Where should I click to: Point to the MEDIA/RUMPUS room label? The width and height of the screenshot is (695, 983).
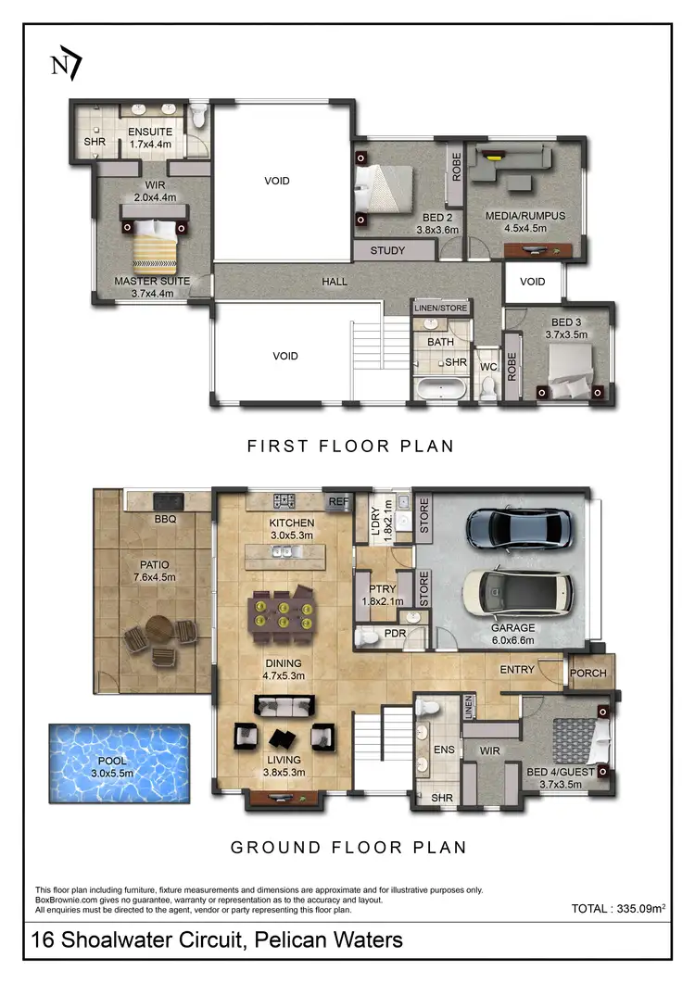point(524,217)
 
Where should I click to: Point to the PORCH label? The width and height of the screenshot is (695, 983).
point(588,674)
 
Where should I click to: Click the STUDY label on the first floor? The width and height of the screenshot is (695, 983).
point(386,251)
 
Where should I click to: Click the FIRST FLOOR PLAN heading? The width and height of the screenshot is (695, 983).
point(349,446)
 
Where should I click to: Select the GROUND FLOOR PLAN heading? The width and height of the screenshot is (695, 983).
point(347,847)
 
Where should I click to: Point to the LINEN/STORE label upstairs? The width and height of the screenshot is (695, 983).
point(440,308)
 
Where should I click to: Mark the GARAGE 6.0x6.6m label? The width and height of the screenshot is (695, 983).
point(512,634)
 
